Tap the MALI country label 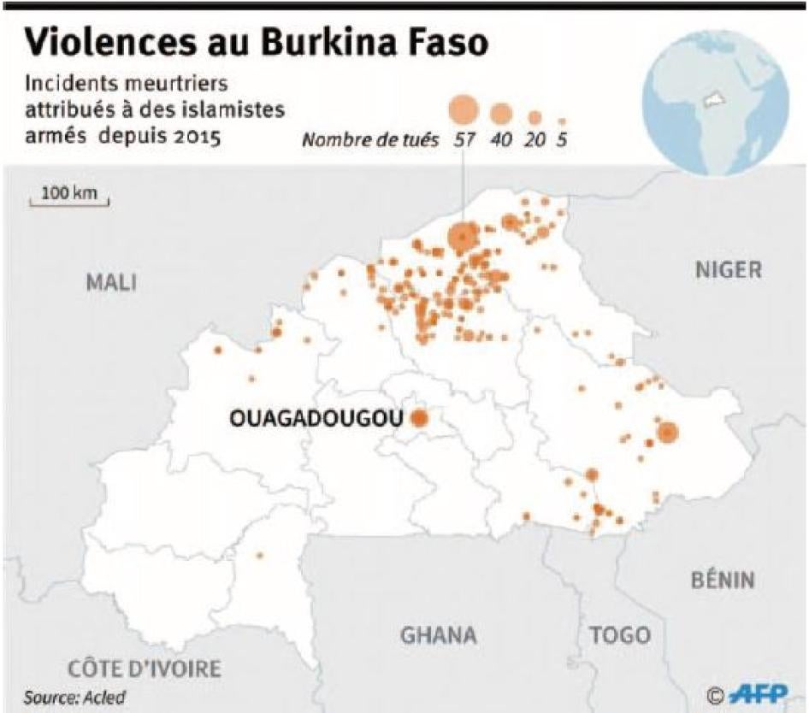coord(111,283)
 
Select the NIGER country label coord(727,270)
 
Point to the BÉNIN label coord(723,580)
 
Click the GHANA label coord(439,635)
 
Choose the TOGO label coord(619,635)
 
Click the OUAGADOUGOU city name coord(316,419)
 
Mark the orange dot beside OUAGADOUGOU coord(420,418)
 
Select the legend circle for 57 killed coord(463,109)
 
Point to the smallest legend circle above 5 coord(562,121)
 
